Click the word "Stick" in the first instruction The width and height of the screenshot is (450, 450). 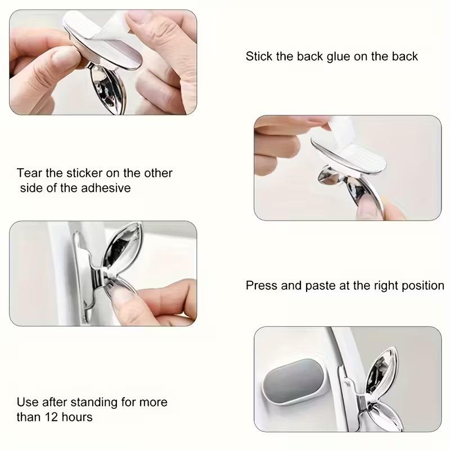[258, 56]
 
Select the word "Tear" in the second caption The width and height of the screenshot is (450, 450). [29, 173]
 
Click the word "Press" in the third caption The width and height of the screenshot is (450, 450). [262, 286]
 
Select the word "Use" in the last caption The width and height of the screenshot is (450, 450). [28, 402]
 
